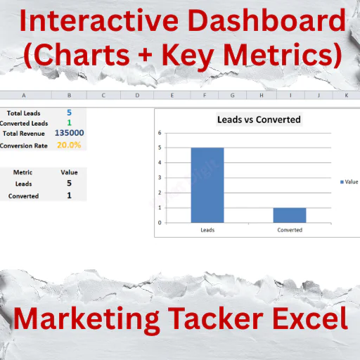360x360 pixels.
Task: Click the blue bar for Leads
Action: [207, 185]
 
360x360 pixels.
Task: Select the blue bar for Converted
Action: [290, 215]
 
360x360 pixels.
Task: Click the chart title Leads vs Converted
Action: [259, 120]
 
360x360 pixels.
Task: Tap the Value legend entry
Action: [349, 182]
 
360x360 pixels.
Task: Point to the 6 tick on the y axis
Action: [160, 133]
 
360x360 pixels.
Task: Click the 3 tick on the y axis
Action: [160, 178]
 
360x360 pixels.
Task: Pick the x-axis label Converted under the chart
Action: [290, 230]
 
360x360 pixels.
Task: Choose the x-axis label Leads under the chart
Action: [207, 230]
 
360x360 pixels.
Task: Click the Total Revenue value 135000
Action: [70, 133]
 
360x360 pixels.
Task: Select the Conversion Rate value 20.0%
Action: [69, 145]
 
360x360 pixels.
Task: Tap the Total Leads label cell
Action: [24, 113]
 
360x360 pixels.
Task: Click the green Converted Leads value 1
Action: [69, 122]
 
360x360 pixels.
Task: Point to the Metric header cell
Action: [22, 172]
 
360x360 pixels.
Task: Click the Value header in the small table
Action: [69, 172]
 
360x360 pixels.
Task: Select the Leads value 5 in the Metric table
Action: [69, 183]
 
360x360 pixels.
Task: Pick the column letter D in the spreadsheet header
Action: [137, 96]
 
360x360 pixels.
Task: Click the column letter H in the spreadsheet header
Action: [262, 96]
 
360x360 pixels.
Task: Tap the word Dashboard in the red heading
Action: [267, 20]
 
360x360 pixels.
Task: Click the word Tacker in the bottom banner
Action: [216, 319]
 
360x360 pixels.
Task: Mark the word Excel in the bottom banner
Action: [310, 319]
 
